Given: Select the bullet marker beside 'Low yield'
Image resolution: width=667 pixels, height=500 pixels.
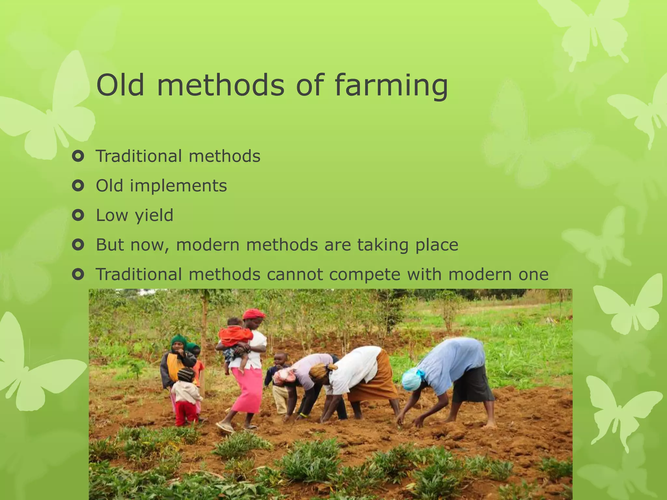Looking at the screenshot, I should [x=78, y=215].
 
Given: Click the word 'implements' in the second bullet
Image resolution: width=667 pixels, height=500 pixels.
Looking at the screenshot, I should [x=178, y=186].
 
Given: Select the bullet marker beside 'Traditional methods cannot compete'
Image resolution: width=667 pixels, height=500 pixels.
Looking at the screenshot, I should [x=78, y=274].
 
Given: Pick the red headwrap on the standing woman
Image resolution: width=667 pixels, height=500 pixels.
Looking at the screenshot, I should [x=254, y=314].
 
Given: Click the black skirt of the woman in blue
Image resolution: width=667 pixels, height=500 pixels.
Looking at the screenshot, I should [x=472, y=384].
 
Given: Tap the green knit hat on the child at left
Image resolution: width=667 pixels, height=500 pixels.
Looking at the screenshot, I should [x=178, y=340].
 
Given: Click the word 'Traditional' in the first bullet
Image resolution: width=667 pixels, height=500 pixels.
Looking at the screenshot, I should [x=138, y=156].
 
